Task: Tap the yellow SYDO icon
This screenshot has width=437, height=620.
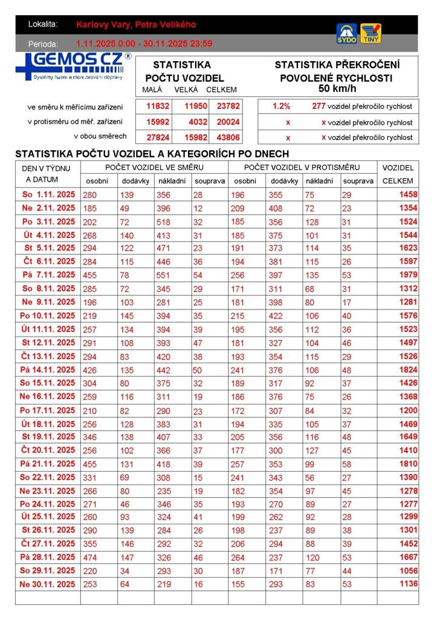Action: click(346, 33)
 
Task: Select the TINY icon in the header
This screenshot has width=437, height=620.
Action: click(371, 33)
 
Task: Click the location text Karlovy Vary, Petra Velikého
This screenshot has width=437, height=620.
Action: click(136, 25)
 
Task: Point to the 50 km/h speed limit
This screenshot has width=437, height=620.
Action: click(337, 88)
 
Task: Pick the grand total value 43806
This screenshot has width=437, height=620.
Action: click(228, 137)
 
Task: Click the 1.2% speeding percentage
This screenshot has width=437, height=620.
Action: click(281, 106)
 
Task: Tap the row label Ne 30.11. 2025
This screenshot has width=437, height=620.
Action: click(48, 584)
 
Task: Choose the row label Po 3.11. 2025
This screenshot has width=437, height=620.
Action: click(48, 222)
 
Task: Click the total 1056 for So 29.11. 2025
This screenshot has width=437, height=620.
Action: click(408, 571)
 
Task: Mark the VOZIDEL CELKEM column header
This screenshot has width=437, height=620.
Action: click(398, 174)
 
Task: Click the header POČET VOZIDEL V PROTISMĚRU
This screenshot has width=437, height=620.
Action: click(302, 167)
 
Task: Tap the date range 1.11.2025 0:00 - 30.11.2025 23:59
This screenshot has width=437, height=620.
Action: click(144, 44)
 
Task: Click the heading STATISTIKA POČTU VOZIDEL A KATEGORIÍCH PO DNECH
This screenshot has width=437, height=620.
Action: click(152, 154)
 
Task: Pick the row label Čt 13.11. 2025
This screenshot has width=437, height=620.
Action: click(48, 356)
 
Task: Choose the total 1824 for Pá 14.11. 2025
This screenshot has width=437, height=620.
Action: click(408, 369)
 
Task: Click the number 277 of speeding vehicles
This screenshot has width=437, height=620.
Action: click(319, 106)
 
